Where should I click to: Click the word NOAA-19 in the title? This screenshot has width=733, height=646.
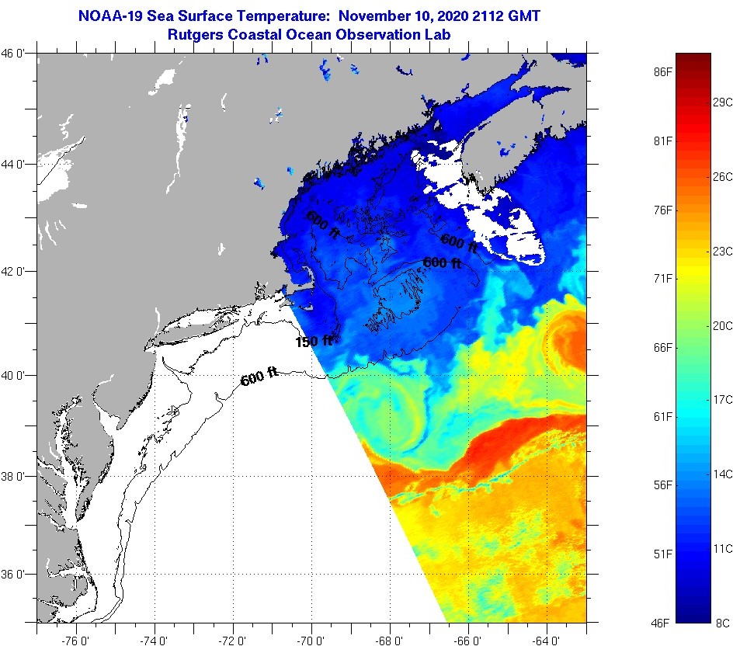pyautogui.click(x=110, y=16)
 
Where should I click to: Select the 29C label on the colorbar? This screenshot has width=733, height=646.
pyautogui.click(x=723, y=102)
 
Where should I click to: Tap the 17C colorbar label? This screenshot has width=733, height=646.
pyautogui.click(x=723, y=399)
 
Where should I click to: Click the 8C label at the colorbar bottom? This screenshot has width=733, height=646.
pyautogui.click(x=723, y=623)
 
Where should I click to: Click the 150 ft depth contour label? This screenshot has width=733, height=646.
pyautogui.click(x=314, y=341)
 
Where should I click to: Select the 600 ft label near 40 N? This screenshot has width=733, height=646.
pyautogui.click(x=259, y=380)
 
